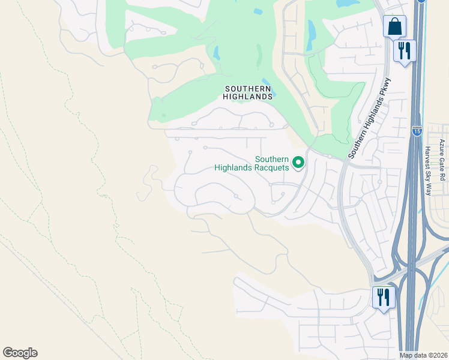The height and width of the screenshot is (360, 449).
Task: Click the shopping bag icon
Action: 395,26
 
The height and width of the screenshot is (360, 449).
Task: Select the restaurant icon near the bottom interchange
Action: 382,297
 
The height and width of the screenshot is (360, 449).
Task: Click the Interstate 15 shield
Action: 417,130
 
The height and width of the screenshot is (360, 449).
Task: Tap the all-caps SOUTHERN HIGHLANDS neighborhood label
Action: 248,92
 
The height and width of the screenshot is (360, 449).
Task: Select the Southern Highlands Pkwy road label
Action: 370,118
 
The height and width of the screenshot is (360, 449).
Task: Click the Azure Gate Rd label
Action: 442,160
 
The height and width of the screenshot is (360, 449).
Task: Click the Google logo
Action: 20,353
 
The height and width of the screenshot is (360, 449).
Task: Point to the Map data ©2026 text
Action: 423,355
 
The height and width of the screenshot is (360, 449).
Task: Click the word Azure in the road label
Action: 442,147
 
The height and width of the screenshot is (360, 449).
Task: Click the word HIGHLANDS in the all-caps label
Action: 248,96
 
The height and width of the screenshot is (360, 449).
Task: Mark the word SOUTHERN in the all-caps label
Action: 248,88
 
